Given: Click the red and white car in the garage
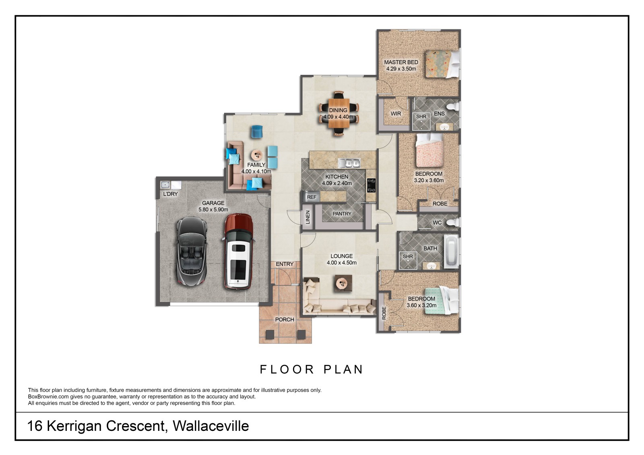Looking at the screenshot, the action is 238,251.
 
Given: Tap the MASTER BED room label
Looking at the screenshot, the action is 401,62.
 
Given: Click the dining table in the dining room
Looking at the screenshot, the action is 339,113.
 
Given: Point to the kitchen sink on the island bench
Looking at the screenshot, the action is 349,163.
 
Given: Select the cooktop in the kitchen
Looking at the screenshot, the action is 371,185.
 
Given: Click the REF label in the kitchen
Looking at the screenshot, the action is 312,197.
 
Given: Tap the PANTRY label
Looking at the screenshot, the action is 342,214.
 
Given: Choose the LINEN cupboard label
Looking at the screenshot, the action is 308,217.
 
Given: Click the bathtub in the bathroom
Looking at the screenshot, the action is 451,252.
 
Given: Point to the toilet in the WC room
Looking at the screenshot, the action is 454,222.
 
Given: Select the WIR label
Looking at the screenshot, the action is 396,113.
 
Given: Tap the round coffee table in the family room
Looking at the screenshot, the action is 256,155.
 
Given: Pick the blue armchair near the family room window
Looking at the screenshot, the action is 257,132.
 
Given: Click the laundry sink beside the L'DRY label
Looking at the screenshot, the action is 165,185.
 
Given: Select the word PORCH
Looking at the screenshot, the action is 285,319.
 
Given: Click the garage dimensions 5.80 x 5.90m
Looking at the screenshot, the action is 213,210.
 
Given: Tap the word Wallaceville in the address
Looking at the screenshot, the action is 211,426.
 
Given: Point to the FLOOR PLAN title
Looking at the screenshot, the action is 312,369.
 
